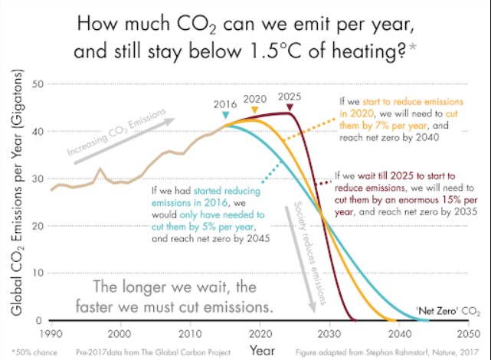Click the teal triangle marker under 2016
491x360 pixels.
tap(224, 116)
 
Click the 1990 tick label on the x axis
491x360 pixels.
tap(51, 335)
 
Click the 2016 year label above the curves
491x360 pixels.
tap(224, 103)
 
